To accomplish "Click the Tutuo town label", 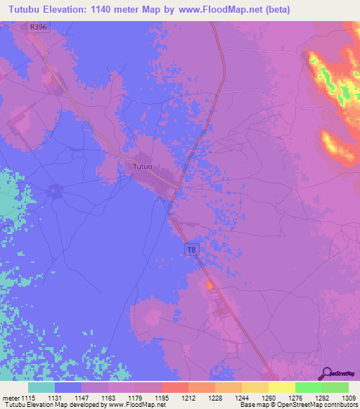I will pyautogui.click(x=143, y=167).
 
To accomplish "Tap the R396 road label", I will pyautogui.click(x=39, y=27).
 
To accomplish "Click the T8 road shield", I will pyautogui.click(x=191, y=249).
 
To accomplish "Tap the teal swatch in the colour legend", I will pyautogui.click(x=41, y=387).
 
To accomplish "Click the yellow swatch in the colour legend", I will pyautogui.click(x=281, y=387).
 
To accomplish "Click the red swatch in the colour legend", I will pyautogui.click(x=174, y=387).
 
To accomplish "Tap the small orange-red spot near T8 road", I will pyautogui.click(x=209, y=285).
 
